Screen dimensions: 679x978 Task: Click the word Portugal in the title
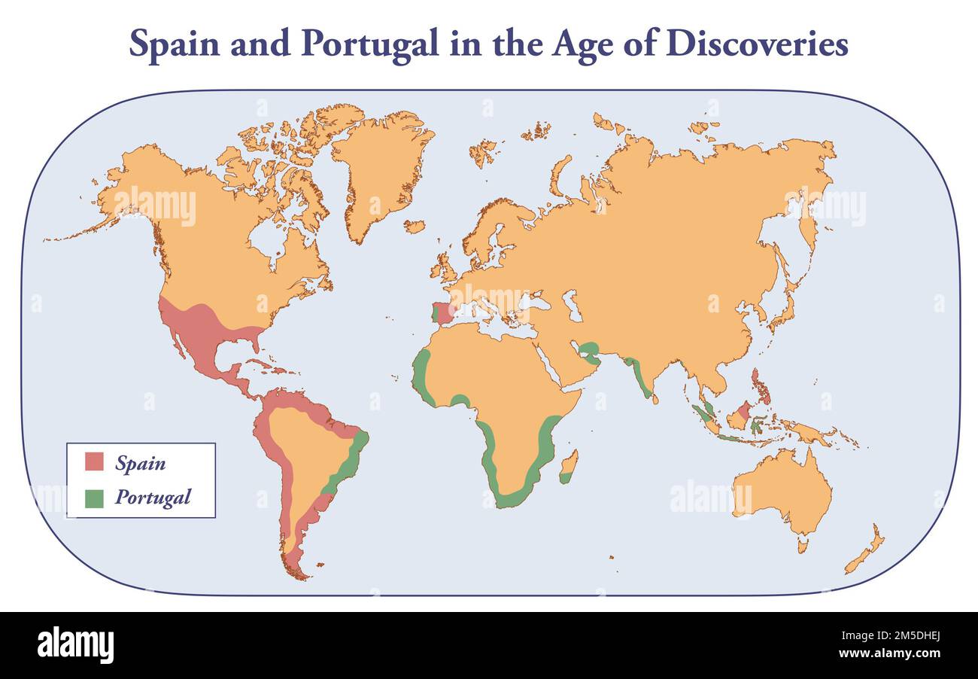[x=369, y=44]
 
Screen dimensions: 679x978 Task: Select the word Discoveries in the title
[x=757, y=44]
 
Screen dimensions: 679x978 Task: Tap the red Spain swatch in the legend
[x=94, y=461]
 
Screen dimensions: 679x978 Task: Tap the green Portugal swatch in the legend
[x=94, y=498]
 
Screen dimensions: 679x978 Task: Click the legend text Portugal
[x=153, y=498]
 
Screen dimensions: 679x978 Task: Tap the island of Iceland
[x=414, y=226]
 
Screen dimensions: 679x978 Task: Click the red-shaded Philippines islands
[x=761, y=386]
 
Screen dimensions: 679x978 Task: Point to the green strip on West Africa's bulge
[x=420, y=376]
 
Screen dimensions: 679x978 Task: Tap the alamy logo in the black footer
[x=75, y=646]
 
